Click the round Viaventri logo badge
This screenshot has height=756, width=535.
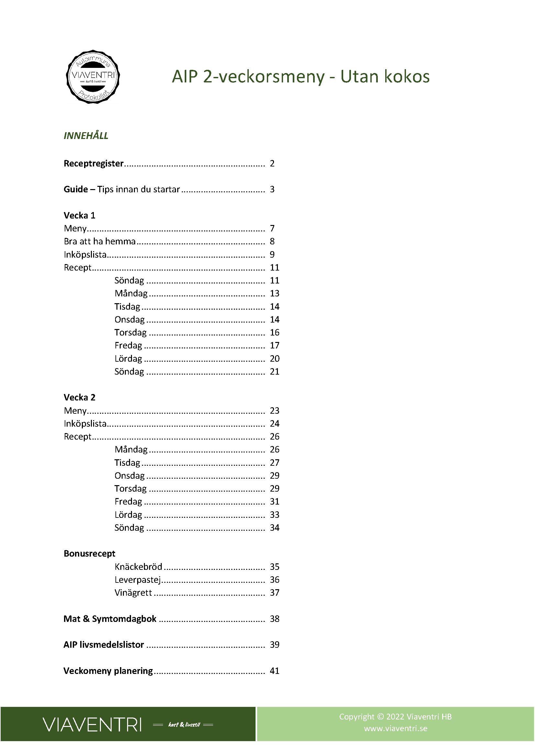click(93, 77)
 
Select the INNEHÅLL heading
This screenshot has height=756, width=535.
click(86, 136)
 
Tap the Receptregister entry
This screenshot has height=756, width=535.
click(93, 163)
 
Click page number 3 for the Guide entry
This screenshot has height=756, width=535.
click(272, 189)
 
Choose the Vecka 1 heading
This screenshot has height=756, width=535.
click(79, 215)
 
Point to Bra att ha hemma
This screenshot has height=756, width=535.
click(100, 241)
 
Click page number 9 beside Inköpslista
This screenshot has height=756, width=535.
click(272, 254)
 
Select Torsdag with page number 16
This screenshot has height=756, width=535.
click(130, 333)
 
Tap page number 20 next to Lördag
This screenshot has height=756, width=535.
click(274, 358)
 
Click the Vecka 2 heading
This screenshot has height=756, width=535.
click(79, 398)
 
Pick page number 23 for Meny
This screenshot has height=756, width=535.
click(274, 410)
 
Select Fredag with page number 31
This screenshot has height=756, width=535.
click(128, 502)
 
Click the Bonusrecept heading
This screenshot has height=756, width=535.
click(89, 553)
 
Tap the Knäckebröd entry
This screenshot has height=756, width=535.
click(138, 567)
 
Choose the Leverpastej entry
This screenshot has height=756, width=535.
click(138, 580)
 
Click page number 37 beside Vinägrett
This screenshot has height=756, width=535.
click(274, 593)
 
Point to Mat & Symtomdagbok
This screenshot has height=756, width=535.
click(110, 619)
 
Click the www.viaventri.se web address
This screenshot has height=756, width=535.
click(395, 728)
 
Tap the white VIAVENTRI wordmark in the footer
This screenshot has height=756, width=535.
click(92, 725)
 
